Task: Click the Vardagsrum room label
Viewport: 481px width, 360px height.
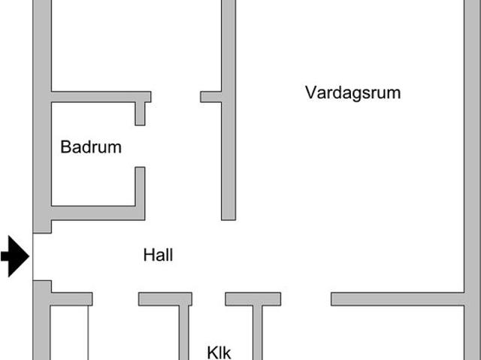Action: point(352,92)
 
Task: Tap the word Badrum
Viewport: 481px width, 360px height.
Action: point(90,147)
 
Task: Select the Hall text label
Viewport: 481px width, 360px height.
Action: point(158,255)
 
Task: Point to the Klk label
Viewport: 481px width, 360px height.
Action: point(219,352)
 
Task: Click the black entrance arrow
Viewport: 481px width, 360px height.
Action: point(14,256)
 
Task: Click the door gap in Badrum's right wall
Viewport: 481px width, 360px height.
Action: point(140,146)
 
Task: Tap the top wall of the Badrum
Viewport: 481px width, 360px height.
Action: point(98,96)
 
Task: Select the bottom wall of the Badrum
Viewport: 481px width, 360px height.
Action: point(94,213)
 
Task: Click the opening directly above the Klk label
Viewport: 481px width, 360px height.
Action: point(208,299)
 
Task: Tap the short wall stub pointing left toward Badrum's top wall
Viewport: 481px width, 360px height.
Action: point(210,96)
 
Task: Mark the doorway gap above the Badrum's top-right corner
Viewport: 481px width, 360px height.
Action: point(176,96)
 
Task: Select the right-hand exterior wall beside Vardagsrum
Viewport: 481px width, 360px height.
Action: point(471,150)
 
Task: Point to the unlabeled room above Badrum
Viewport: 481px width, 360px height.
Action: point(135,45)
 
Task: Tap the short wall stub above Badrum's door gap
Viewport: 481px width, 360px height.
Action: point(140,113)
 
